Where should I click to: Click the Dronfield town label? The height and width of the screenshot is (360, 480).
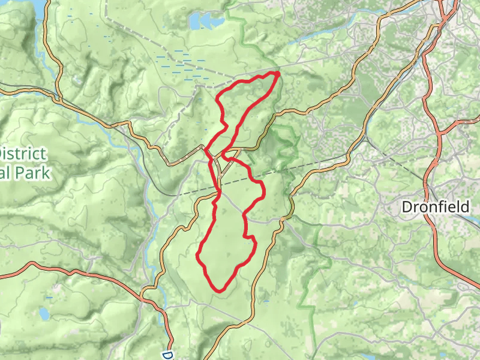(436, 207)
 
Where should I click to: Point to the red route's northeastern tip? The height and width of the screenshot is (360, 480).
(278, 73)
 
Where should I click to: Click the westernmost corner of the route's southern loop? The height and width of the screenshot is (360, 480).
(198, 256)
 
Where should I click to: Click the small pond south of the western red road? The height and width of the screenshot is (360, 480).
(43, 313)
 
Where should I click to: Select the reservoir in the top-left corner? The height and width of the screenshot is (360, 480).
(37, 7)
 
